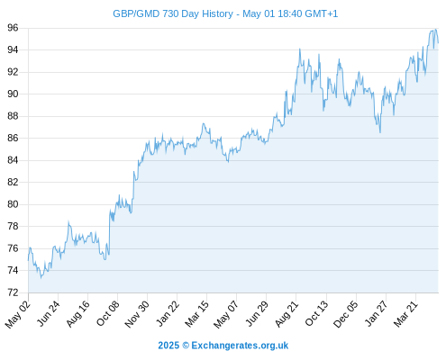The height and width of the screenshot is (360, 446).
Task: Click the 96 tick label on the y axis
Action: point(13,28)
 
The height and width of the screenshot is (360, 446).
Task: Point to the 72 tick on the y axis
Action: point(13,292)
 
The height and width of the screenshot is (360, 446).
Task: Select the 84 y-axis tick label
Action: point(13,160)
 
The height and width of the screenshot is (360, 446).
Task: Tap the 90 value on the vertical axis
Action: point(13,94)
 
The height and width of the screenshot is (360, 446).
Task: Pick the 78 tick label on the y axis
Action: point(13,226)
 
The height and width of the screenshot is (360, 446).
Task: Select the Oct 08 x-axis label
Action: point(107,313)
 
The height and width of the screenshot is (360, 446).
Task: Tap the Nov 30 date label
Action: point(136,314)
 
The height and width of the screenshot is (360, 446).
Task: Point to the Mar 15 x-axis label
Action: point(196,314)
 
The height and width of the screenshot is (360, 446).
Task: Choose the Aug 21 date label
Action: point(287,314)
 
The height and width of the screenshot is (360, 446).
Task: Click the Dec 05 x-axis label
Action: point(345,314)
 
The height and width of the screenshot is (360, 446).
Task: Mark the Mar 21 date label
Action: point(405,314)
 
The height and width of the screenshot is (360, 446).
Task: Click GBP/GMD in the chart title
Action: point(136,13)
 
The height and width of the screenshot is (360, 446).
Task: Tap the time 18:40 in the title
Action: point(289,13)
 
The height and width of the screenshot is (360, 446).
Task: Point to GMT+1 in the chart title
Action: point(322,13)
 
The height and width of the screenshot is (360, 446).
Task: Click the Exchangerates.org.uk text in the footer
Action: point(240,346)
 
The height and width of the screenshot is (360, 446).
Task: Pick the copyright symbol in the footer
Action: point(186,346)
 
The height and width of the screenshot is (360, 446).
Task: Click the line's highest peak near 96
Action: point(435,30)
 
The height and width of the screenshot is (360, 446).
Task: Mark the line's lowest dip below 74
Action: point(41,278)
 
